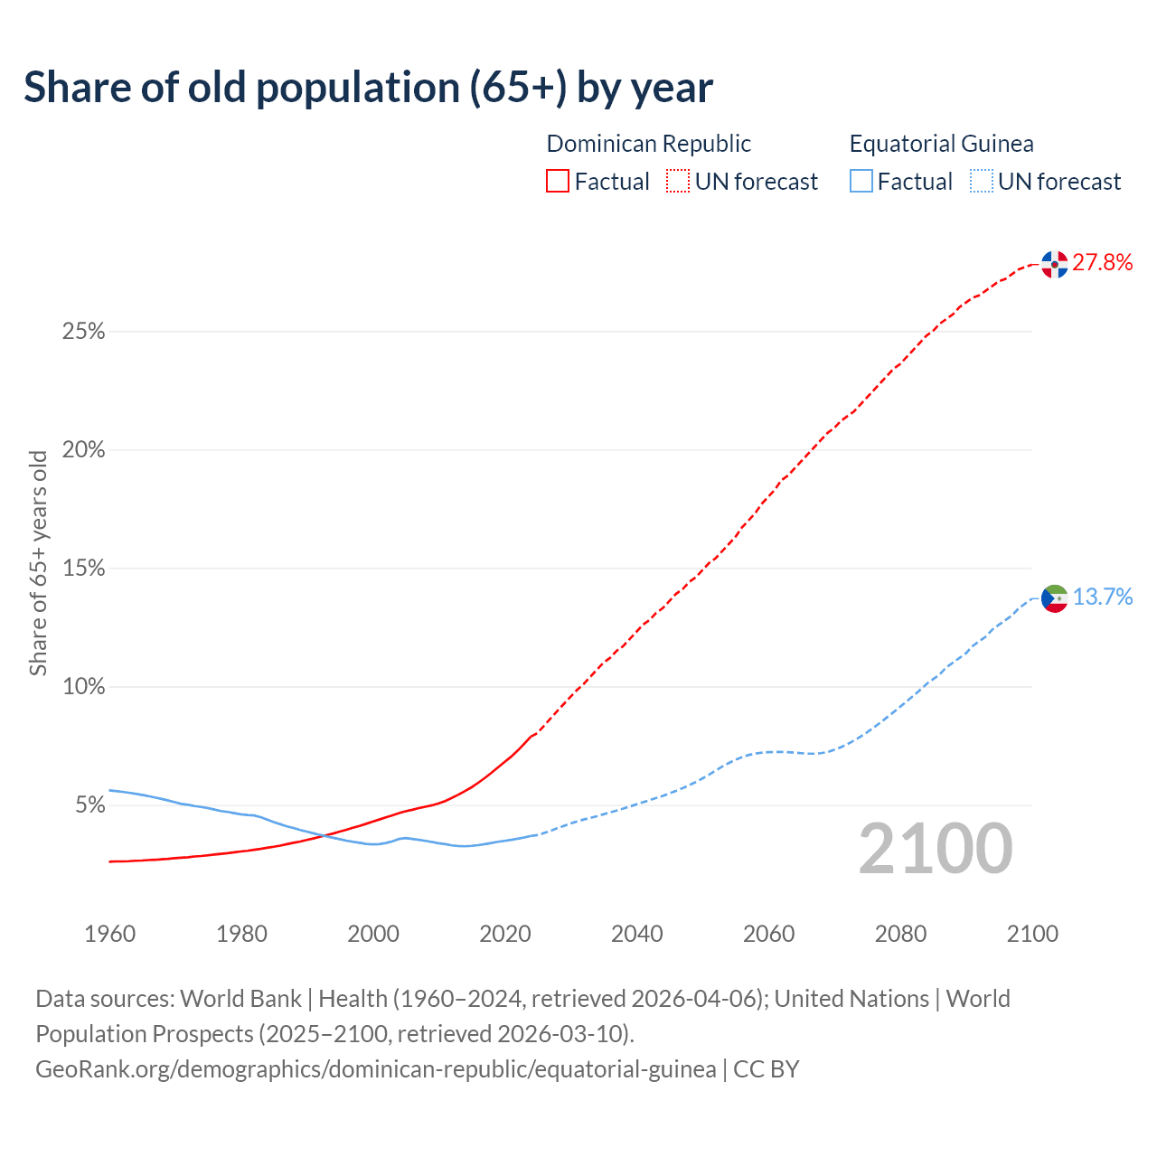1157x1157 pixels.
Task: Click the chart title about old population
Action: coord(368,88)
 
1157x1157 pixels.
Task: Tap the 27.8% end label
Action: coord(1102,263)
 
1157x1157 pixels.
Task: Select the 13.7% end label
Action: coord(1102,597)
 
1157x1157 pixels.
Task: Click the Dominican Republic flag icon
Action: coord(1054,264)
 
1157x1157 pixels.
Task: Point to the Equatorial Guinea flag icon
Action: coord(1054,597)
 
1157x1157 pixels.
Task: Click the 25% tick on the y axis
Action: coord(83,332)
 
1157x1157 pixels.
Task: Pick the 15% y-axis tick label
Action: coord(83,569)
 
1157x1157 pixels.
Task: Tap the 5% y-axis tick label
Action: coord(89,805)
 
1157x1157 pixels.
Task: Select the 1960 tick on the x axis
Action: coord(109,934)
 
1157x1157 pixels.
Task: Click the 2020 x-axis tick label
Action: coord(505,934)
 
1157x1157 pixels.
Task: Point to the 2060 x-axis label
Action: coord(769,934)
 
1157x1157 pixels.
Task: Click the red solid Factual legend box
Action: coord(558,182)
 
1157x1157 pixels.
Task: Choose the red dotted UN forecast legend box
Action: coord(678,182)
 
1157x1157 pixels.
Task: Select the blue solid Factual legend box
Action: coord(861,182)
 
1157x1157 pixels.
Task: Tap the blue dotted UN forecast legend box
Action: coord(981,182)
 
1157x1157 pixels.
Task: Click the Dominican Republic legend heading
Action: coord(648,144)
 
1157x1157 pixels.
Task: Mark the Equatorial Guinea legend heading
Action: coord(941,144)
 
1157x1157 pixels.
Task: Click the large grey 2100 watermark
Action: coord(936,849)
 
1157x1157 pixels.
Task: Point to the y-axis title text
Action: coord(38,563)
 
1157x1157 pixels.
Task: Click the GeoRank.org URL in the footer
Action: coord(375,1069)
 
